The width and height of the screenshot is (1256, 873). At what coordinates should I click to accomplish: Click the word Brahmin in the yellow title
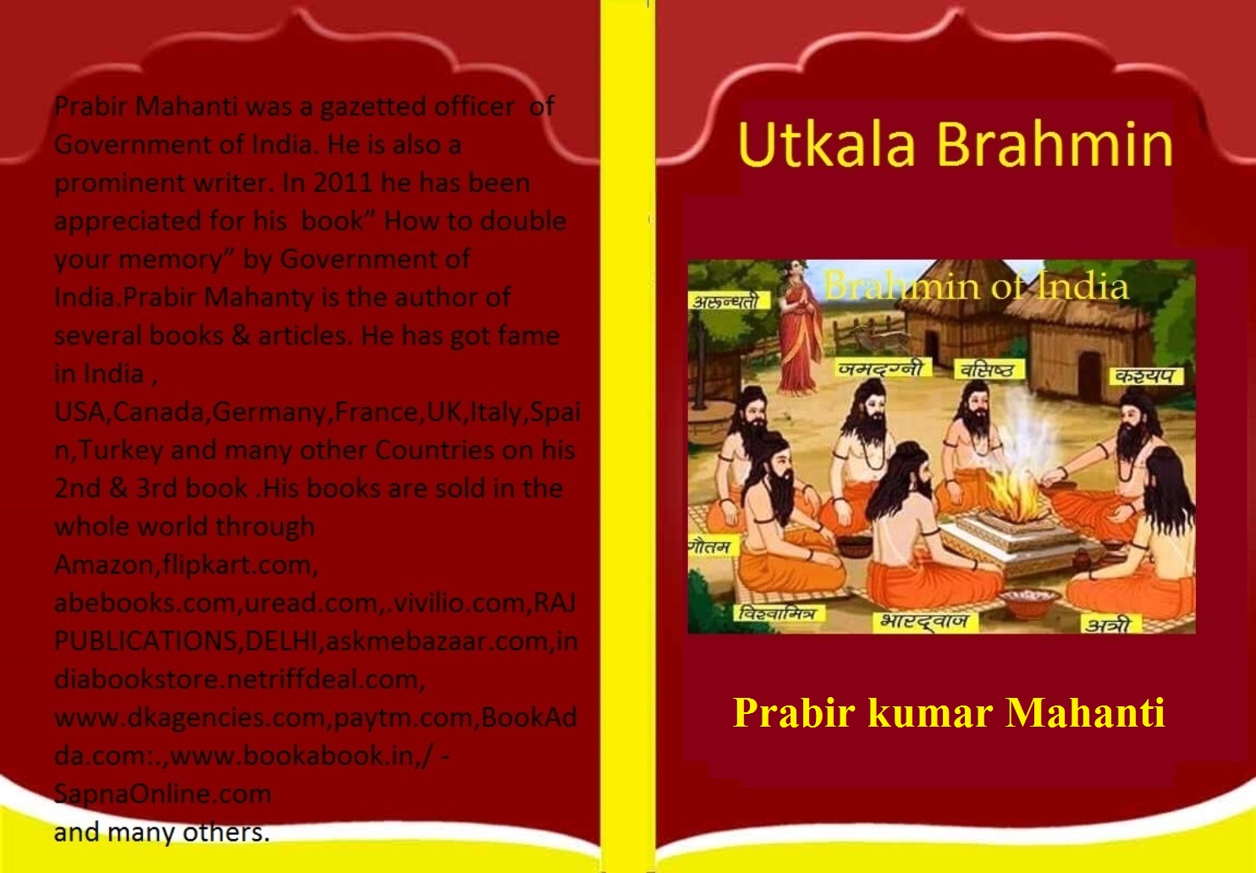[x=1055, y=144]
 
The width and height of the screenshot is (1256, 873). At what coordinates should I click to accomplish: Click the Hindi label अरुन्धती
[x=726, y=302]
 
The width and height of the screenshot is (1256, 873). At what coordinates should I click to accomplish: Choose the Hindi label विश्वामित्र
[x=777, y=613]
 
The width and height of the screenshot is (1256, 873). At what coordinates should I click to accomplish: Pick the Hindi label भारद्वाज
[x=923, y=621]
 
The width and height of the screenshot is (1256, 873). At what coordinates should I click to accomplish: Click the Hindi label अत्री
[x=1110, y=625]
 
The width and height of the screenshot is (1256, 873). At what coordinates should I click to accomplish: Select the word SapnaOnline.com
[x=163, y=793]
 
